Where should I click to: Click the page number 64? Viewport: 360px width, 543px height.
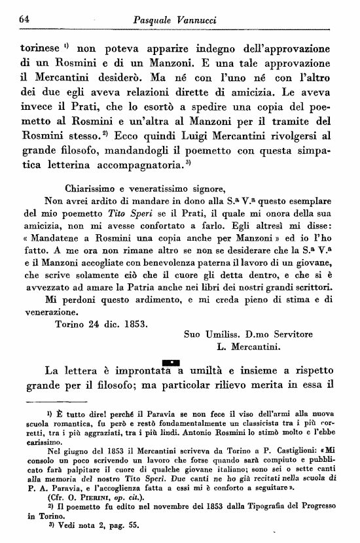27,22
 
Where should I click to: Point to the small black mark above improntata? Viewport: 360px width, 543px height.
170,362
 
